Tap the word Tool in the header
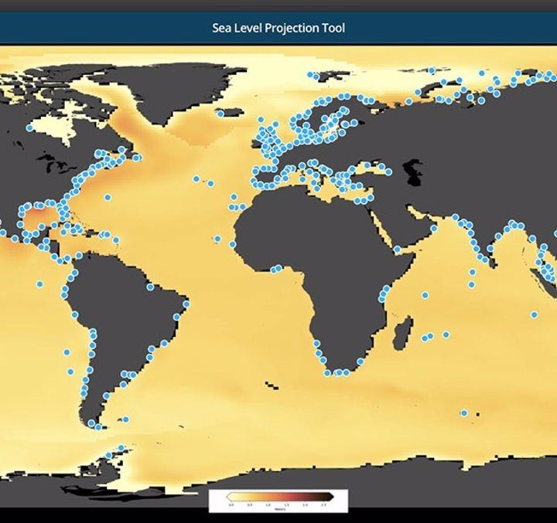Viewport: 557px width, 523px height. pyautogui.click(x=333, y=28)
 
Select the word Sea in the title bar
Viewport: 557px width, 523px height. pyautogui.click(x=221, y=28)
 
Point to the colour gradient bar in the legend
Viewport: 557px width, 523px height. pyautogui.click(x=278, y=496)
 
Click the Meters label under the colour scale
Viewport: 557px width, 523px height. pyautogui.click(x=278, y=508)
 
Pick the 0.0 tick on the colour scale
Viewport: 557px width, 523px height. pyautogui.click(x=231, y=504)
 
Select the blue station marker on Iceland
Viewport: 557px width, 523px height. pyautogui.click(x=220, y=114)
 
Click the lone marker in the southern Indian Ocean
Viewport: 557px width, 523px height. pyautogui.click(x=464, y=413)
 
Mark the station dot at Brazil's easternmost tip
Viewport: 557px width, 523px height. pyautogui.click(x=186, y=304)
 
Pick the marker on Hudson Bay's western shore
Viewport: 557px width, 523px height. pyautogui.click(x=29, y=128)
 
